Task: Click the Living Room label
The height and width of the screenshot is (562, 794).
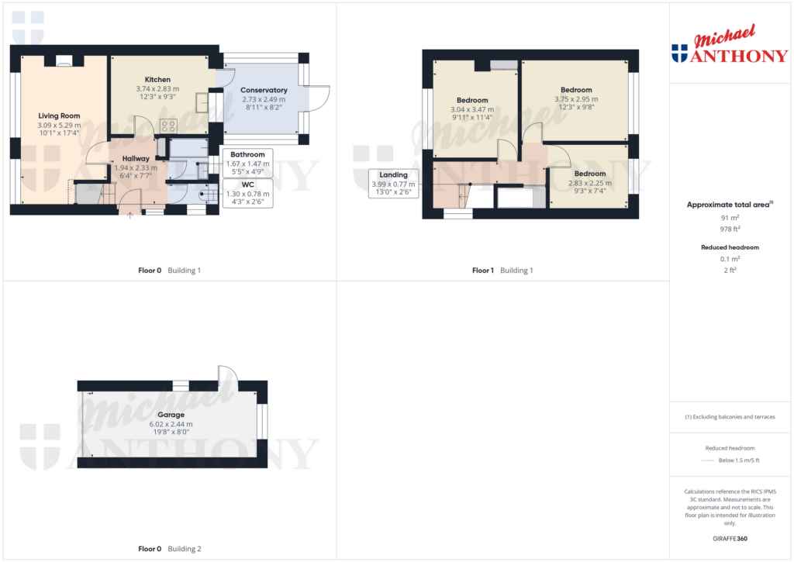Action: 59,116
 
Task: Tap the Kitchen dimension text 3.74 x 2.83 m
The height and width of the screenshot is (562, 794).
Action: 157,88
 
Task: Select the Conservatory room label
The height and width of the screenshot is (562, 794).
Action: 264,90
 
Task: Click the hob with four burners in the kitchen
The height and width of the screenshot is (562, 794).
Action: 168,126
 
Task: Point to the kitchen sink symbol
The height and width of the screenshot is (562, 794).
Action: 202,103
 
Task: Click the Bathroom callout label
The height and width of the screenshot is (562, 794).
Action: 247,154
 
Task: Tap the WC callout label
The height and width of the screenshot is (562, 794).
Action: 247,184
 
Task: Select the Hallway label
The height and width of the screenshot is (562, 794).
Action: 136,158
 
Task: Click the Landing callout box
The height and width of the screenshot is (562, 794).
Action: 393,183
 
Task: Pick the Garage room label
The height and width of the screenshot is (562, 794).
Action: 171,415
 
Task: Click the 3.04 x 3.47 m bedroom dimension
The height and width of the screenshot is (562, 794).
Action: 472,109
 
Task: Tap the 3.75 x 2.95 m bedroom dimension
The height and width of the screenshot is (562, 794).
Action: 576,99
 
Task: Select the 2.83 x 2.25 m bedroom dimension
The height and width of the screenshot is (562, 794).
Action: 590,183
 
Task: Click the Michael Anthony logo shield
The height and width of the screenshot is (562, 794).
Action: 679,53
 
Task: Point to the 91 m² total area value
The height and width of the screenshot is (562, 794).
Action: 730,218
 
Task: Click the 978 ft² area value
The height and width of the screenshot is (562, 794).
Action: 730,229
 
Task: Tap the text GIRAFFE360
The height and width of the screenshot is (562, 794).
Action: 730,539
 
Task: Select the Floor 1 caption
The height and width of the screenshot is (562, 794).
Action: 483,271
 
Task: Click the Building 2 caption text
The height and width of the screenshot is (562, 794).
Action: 185,549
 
